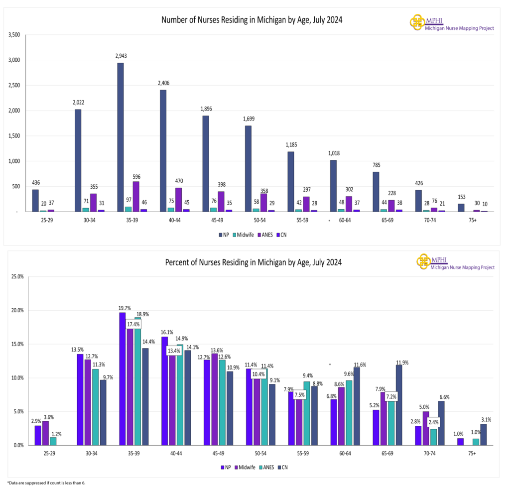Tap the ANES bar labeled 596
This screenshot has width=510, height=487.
pyautogui.click(x=136, y=197)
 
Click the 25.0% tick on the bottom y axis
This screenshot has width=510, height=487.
pyautogui.click(x=17, y=276)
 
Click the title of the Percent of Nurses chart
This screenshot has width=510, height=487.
pyautogui.click(x=253, y=262)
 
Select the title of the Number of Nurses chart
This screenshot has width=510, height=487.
pyautogui.click(x=252, y=20)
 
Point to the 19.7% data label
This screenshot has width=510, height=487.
pyautogui.click(x=125, y=308)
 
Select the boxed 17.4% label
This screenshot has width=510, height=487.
pyautogui.click(x=133, y=324)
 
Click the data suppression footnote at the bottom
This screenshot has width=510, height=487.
pyautogui.click(x=43, y=483)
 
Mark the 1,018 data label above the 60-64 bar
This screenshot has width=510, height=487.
pyautogui.click(x=333, y=153)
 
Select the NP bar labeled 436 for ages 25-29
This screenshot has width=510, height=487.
pyautogui.click(x=35, y=200)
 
